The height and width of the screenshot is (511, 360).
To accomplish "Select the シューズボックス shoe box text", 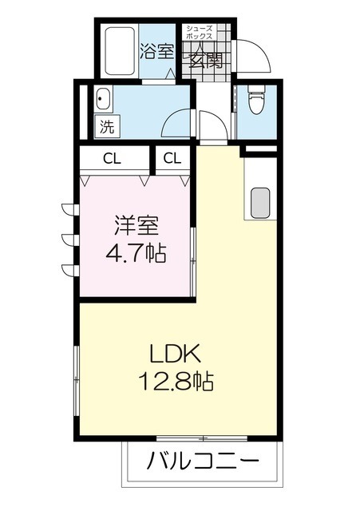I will click(199, 33).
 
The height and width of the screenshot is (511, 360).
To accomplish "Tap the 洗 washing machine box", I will click(105, 125).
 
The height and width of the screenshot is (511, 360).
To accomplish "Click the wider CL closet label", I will click(112, 157).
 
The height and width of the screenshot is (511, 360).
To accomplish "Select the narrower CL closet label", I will click(172, 157).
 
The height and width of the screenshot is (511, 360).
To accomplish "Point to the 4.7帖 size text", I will click(136, 254).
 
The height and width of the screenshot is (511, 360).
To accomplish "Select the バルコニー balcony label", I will click(204, 462).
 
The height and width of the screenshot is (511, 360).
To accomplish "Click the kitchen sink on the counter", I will click(260, 203).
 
